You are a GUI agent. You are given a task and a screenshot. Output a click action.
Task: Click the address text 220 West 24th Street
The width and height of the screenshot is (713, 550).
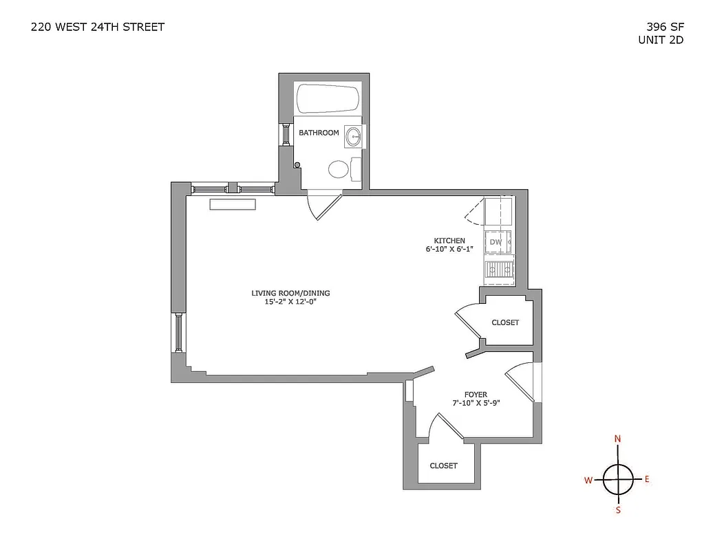coord(98,27)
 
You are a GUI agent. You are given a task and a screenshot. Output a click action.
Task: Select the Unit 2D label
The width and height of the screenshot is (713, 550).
coord(661,40)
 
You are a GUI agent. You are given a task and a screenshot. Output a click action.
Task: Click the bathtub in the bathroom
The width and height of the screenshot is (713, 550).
coord(328,99)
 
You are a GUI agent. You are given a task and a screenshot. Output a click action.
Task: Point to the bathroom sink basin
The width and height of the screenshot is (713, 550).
coord(354,135)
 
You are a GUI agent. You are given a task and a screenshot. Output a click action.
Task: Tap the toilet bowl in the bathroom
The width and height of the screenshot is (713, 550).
coord(339,168)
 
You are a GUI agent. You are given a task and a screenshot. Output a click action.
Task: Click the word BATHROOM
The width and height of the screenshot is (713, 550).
coord(319,133)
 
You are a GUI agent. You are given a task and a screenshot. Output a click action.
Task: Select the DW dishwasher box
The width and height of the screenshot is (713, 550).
coord(496,243)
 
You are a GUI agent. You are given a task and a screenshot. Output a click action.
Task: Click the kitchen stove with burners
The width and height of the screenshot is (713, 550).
coord(500,270)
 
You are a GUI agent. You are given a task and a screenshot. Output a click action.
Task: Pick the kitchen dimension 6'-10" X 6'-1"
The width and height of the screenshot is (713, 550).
coord(450,249)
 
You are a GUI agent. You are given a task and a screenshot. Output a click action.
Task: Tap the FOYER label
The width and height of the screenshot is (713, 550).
coord(476,395)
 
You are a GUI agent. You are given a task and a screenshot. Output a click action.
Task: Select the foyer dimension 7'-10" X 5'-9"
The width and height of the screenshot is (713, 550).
coord(476,404)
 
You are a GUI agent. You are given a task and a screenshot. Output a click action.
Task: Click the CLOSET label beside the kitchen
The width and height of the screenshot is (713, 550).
coord(505,322)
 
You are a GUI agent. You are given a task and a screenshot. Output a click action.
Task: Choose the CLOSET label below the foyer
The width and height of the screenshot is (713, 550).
coord(443,465)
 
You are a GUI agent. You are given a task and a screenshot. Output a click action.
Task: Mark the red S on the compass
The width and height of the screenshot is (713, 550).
coord(618,509)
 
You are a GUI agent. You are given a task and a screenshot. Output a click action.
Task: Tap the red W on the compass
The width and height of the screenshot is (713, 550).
coord(588,481)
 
